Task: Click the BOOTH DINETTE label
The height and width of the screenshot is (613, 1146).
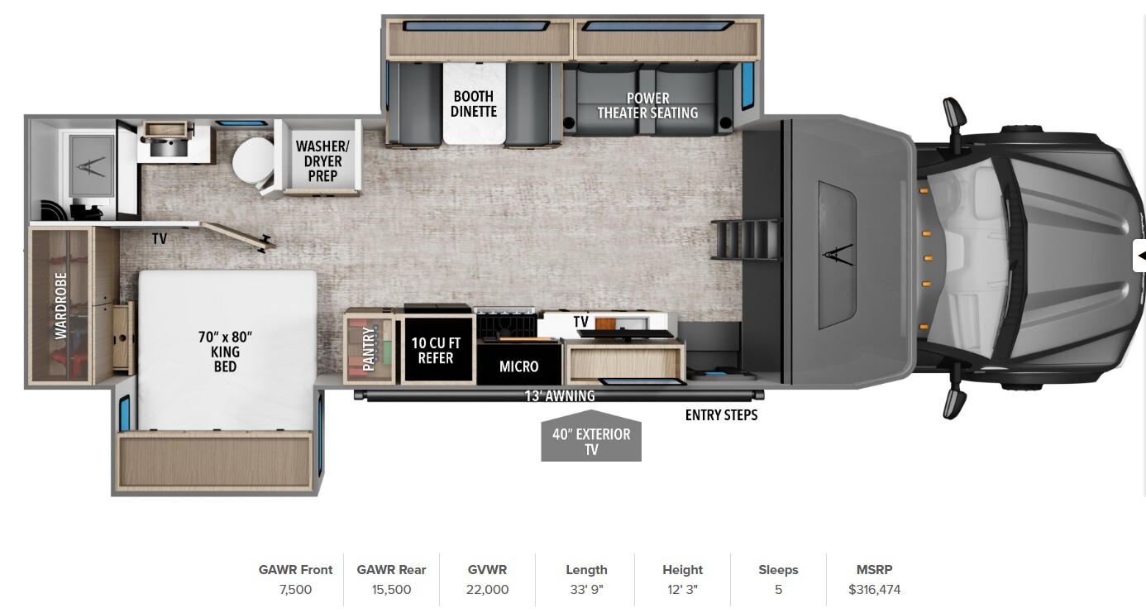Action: coord(474,104)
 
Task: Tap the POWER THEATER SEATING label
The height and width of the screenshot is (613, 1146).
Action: coord(647,105)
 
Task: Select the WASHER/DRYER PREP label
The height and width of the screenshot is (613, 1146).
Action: coord(322,160)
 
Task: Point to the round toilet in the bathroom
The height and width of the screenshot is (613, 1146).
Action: coord(253,161)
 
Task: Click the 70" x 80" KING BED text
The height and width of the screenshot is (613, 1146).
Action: coord(225,352)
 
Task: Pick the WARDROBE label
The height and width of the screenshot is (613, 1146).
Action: coord(61,305)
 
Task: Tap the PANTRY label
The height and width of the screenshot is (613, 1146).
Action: coord(369,349)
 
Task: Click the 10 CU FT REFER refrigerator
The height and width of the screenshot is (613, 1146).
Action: coord(437,349)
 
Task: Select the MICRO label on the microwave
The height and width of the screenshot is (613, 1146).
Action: coord(518,366)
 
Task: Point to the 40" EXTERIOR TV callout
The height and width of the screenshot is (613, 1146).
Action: coord(591,437)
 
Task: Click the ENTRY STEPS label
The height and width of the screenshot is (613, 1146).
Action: coord(721,415)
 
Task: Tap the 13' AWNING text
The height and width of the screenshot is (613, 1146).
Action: coord(560,395)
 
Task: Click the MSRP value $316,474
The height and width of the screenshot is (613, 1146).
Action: coord(874,590)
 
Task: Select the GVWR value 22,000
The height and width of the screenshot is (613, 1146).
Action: coord(487,590)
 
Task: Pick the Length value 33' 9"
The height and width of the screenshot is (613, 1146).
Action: coord(586,590)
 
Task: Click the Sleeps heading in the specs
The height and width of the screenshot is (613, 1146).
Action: coord(778,569)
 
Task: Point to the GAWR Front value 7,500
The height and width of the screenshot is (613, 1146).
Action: coord(295,590)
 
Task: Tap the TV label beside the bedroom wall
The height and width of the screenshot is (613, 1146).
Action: coord(159,238)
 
